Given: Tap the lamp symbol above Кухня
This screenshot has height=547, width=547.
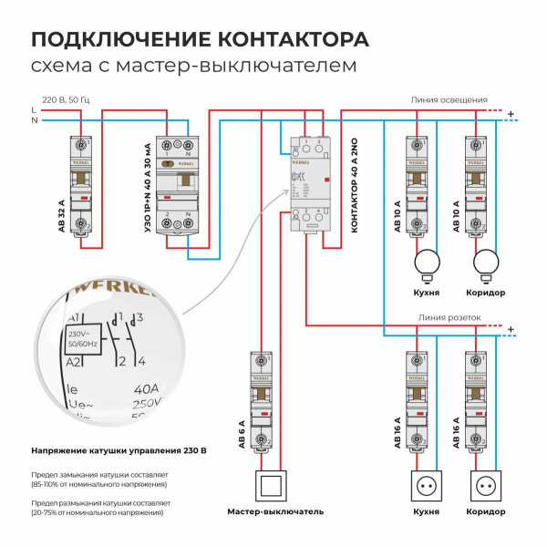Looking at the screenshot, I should click(427, 264).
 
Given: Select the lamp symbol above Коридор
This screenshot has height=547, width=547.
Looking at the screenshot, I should click(487, 264).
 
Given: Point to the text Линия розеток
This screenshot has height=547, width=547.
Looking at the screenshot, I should click(449, 318).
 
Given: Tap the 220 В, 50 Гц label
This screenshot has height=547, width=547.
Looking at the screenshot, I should click(67, 98).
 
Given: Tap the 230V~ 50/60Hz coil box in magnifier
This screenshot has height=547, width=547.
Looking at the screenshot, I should click(84, 339).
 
